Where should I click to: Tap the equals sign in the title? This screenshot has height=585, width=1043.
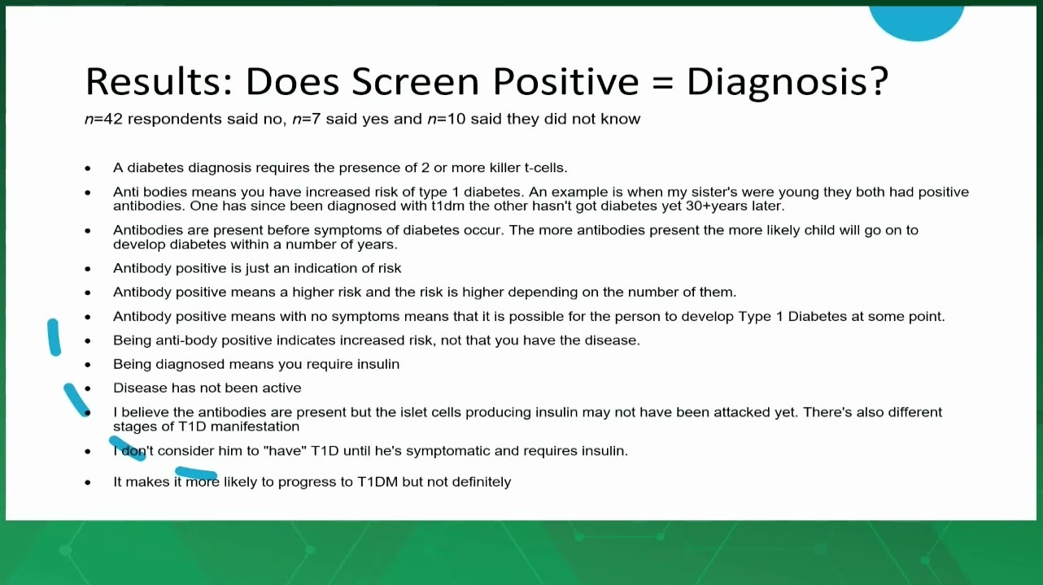pyautogui.click(x=662, y=82)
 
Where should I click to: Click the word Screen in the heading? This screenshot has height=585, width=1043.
pyautogui.click(x=415, y=81)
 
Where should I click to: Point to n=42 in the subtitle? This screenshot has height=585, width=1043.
pyautogui.click(x=103, y=119)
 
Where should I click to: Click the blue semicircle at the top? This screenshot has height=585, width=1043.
pyautogui.click(x=916, y=22)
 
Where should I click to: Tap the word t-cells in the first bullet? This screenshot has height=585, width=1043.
pyautogui.click(x=546, y=167)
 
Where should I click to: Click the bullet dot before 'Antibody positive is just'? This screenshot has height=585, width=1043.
pyautogui.click(x=88, y=269)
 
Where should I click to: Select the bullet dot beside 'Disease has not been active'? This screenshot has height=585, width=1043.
pyautogui.click(x=88, y=388)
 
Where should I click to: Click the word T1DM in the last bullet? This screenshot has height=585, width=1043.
pyautogui.click(x=377, y=482)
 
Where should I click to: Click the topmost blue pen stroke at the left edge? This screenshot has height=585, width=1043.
pyautogui.click(x=54, y=337)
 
